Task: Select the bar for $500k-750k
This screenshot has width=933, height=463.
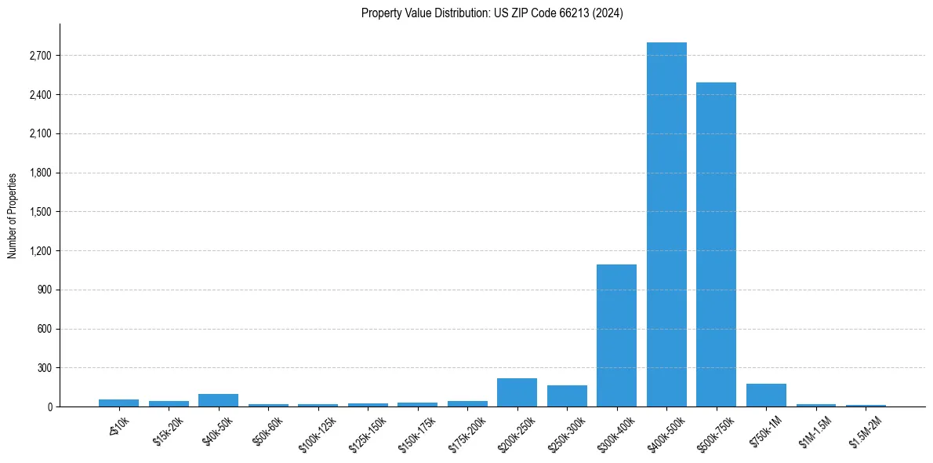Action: (x=716, y=244)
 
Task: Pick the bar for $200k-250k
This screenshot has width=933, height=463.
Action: (x=517, y=392)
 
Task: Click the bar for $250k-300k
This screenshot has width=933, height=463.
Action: (x=567, y=396)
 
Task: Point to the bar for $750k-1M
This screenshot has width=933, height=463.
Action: (x=766, y=395)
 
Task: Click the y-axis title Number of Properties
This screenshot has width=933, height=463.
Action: (x=13, y=216)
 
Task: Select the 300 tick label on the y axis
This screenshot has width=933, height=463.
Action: (x=44, y=368)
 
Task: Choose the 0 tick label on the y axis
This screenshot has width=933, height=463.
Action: (x=49, y=407)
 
